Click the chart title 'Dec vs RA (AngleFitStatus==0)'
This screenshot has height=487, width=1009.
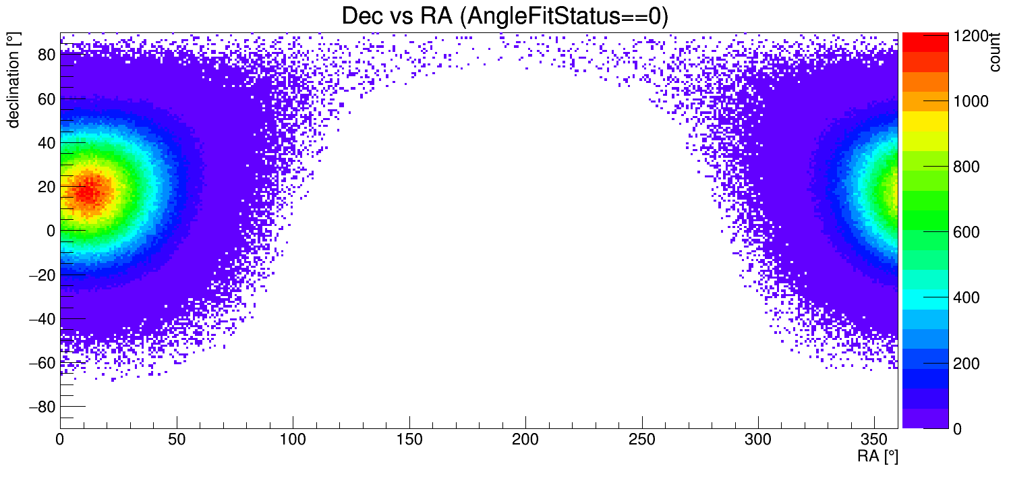pos(504,16)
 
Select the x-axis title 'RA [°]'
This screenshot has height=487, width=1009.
pos(877,457)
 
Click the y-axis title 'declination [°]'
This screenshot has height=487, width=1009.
pos(13,82)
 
